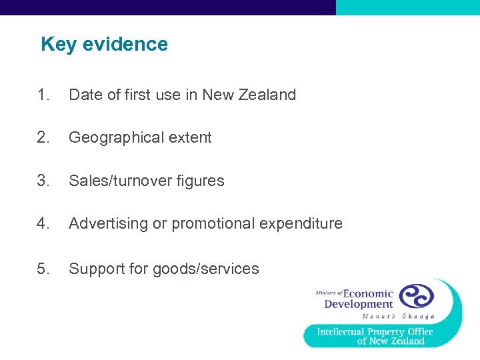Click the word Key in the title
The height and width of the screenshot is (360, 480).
pos(55,45)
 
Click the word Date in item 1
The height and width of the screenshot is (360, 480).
pos(84,95)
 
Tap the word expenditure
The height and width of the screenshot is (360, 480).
pos(301,223)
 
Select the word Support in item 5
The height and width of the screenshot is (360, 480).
pos(94,269)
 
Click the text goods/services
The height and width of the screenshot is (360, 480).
pos(206,269)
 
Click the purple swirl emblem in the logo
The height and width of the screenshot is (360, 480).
pos(416,296)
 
